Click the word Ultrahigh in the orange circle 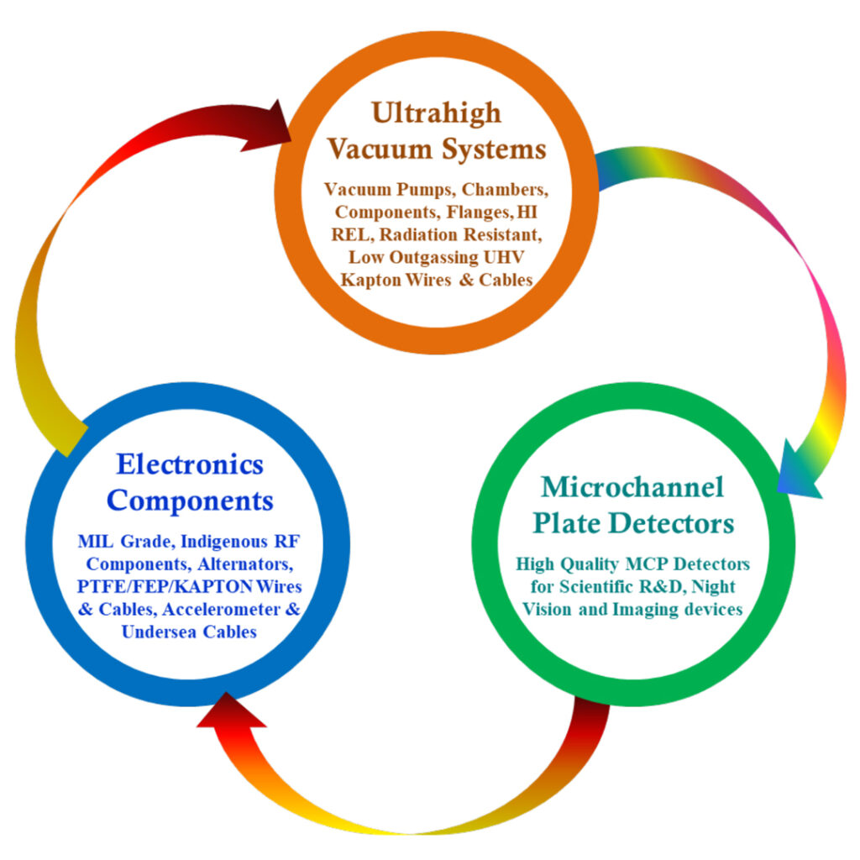click(x=436, y=113)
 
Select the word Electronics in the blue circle click(x=190, y=464)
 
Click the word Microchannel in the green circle click(x=632, y=486)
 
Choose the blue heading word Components click(x=191, y=501)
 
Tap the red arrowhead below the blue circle click(x=231, y=711)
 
